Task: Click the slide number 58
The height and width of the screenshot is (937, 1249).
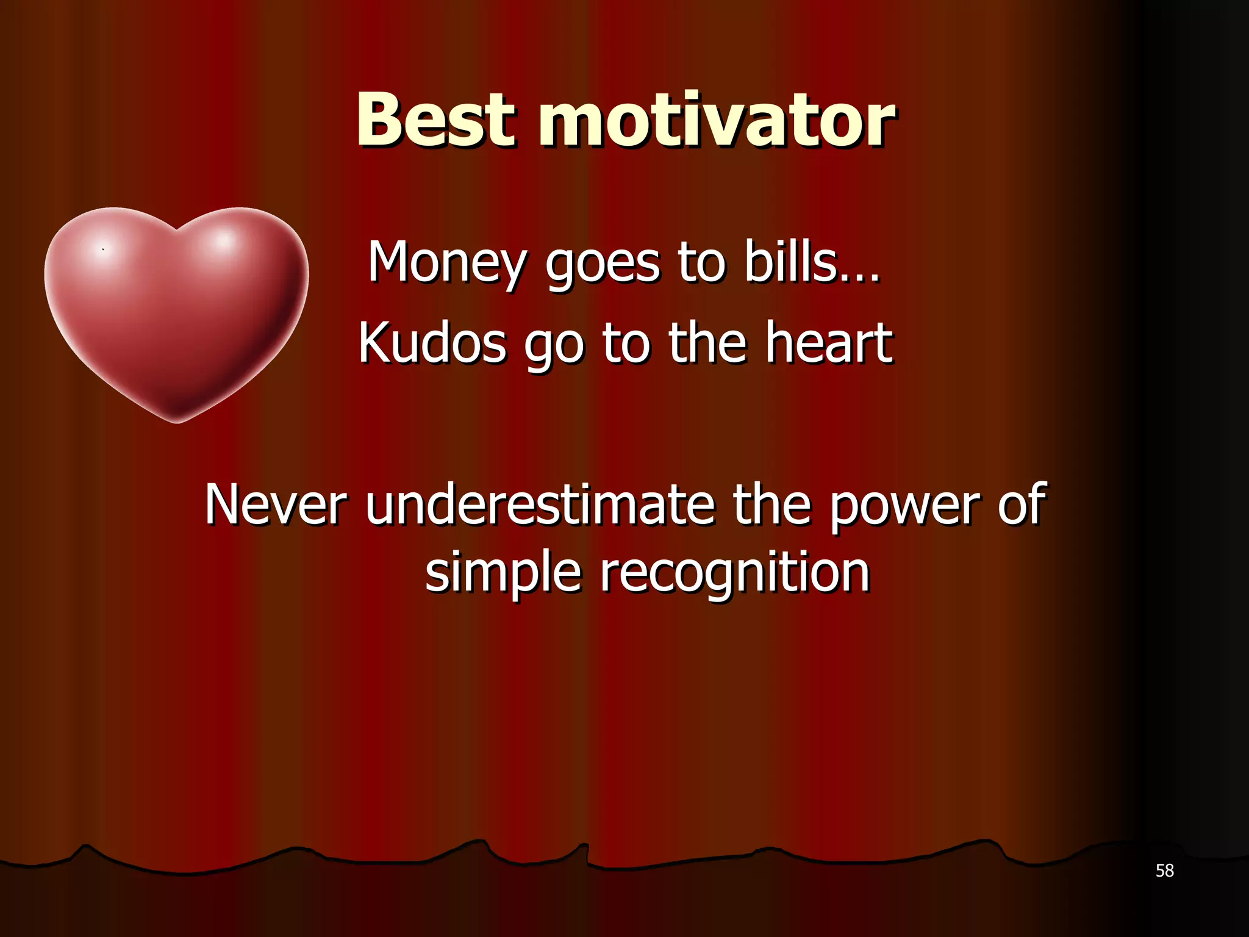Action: click(x=1164, y=871)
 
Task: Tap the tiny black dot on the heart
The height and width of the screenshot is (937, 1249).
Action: click(x=103, y=250)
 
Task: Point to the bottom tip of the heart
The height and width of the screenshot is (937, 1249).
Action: click(x=177, y=421)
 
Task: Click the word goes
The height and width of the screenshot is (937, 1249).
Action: click(x=602, y=264)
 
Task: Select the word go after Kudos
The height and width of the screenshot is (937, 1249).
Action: click(x=553, y=344)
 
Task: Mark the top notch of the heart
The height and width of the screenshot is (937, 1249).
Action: click(x=177, y=230)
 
